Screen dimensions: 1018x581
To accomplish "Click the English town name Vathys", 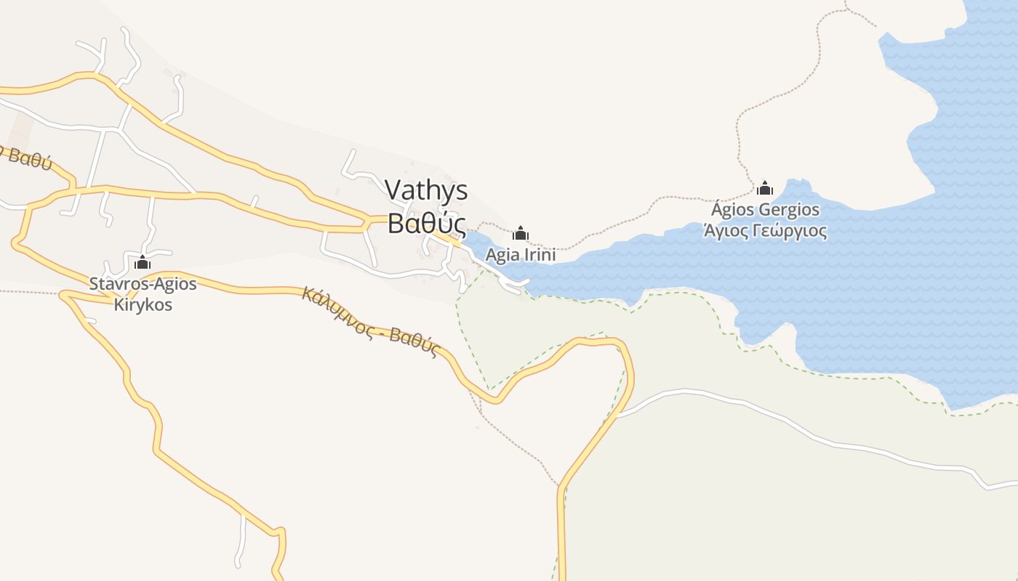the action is pos(426,190).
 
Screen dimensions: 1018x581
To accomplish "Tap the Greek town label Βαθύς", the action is pos(426,224).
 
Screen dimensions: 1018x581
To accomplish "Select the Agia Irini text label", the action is pos(521,255).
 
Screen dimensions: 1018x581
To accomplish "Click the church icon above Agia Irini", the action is pos(521,234).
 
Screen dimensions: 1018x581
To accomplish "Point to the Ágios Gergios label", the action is pos(765,211).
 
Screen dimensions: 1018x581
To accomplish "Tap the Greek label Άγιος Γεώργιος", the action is pos(765,232).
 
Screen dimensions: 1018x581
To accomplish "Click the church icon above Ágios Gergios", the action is pos(765,189).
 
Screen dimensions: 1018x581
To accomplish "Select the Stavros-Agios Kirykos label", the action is pos(143,293).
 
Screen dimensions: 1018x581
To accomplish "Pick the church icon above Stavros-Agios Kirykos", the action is pos(143,262).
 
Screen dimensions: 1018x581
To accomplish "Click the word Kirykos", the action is pos(143,304).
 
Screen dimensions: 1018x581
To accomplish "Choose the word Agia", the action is pos(501,255).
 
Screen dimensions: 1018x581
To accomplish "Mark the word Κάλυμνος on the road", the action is pos(334,310).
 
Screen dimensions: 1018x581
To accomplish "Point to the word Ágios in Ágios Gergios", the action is pos(732,211).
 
